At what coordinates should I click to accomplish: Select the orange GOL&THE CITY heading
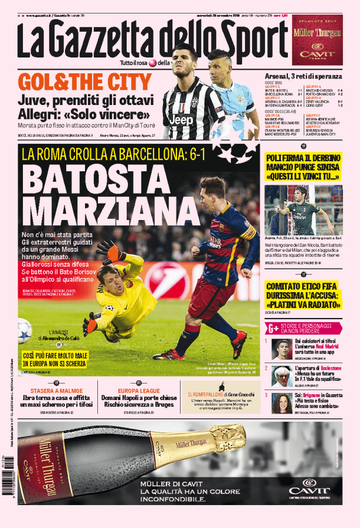tap(85, 82)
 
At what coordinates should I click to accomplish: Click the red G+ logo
tap(273, 329)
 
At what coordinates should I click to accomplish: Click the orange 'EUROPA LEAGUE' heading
tap(139, 390)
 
